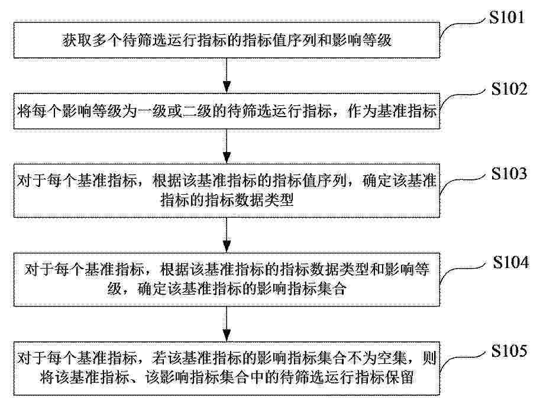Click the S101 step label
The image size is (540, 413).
tap(507, 17)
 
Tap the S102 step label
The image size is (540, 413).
tap(509, 89)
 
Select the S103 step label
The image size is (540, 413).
tap(509, 173)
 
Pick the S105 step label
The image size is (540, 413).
tap(509, 351)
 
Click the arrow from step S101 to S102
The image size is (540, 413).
tap(227, 75)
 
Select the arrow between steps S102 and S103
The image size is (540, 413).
tap(227, 146)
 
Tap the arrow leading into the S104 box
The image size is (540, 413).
tap(227, 235)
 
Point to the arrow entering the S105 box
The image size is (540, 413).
tap(227, 324)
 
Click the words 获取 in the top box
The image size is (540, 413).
tap(77, 40)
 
